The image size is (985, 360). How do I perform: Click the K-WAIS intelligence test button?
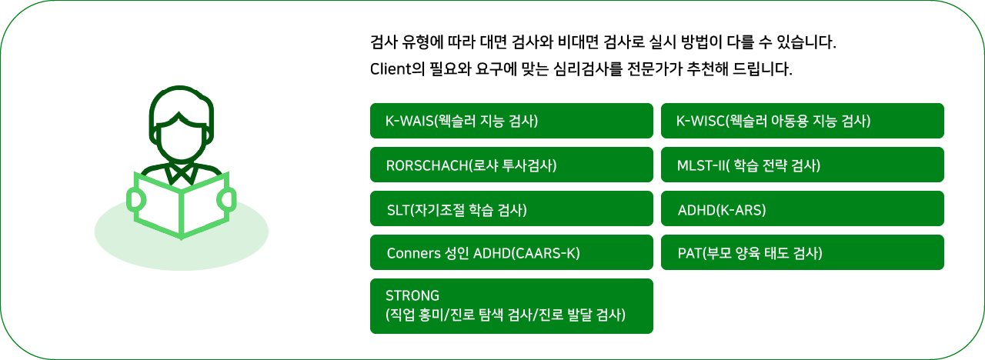(512, 121)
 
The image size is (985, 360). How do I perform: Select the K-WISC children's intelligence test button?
(803, 121)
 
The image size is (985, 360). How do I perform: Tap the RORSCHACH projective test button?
(512, 165)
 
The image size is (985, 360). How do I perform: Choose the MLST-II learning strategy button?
(803, 165)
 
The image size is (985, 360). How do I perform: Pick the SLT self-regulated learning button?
(512, 208)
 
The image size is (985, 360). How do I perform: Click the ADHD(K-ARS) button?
(803, 208)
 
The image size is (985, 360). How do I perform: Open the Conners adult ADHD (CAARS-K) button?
(512, 252)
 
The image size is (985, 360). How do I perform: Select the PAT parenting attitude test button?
(803, 252)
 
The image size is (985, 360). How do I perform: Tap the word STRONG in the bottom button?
(412, 295)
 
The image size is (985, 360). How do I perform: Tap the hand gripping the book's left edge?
(136, 200)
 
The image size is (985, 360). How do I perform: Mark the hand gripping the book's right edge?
(227, 199)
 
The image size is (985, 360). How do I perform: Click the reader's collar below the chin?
(181, 175)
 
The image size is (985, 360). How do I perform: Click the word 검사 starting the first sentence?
(384, 42)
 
